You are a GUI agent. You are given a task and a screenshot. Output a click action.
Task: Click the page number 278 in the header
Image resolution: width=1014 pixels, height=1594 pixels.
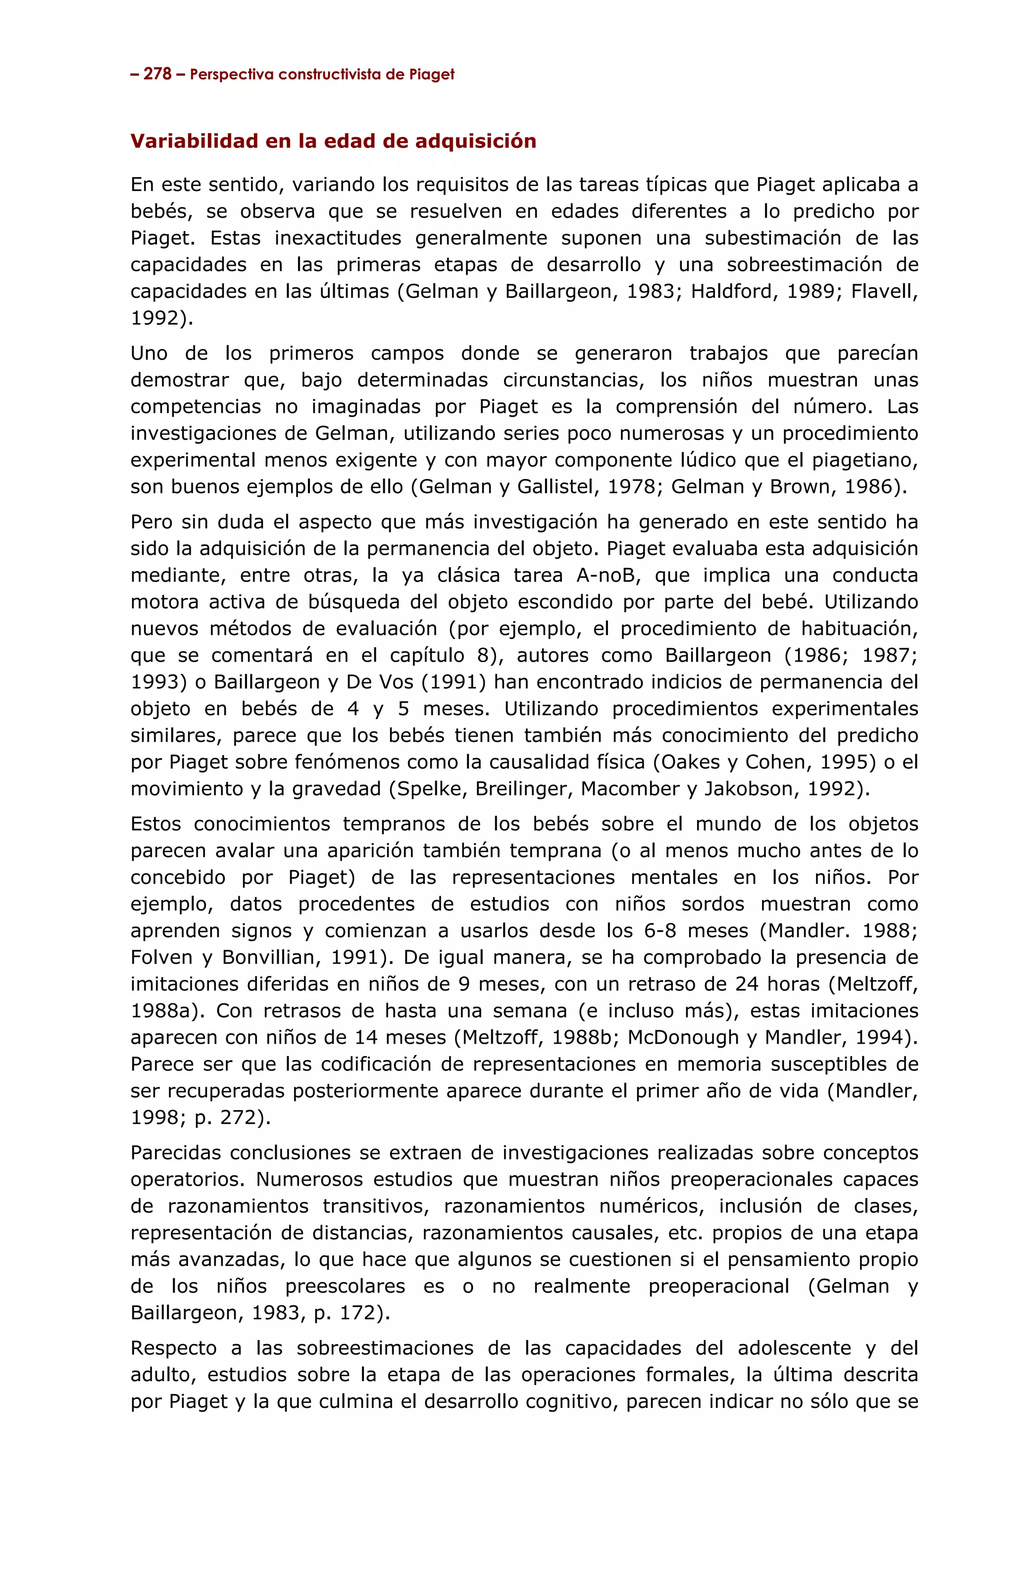coord(157,74)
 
